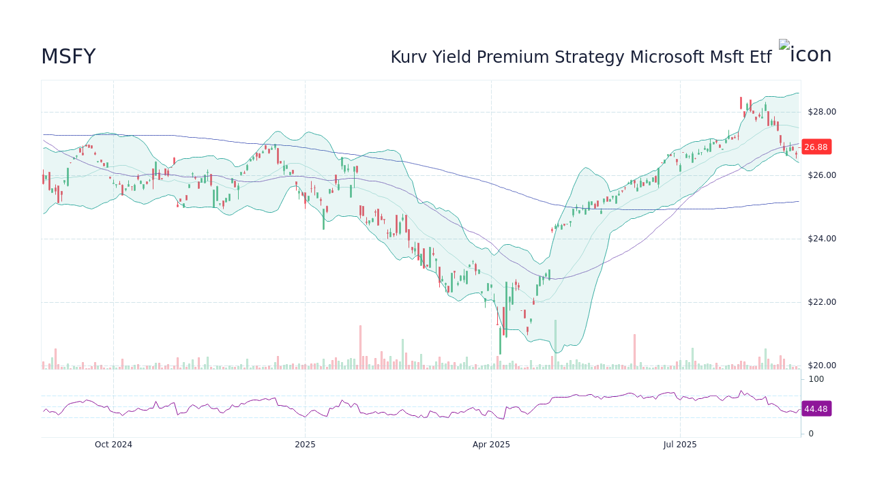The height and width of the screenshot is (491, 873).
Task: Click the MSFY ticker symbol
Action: pos(68,57)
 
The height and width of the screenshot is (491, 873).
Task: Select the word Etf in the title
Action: pos(760,57)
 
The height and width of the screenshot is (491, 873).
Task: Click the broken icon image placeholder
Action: pos(784,46)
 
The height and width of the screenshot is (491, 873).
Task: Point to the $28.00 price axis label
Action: pos(821,112)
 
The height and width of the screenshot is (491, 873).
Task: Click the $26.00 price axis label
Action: pos(821,175)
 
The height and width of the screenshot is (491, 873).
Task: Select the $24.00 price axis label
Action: pos(821,239)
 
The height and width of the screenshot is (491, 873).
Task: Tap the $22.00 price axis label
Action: pos(821,302)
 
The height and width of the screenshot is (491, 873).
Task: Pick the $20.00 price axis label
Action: pos(821,366)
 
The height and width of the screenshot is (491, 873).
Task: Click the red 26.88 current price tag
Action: pos(816,147)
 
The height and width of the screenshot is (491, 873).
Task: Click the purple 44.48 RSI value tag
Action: pos(816,409)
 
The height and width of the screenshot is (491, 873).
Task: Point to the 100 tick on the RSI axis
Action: pos(816,379)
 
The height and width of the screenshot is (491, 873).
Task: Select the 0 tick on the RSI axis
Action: pos(811,434)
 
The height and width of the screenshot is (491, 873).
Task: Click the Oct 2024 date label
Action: pos(113,445)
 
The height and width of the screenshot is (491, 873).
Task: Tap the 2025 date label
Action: pos(305,445)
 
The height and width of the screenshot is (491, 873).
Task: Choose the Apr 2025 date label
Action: pos(491,445)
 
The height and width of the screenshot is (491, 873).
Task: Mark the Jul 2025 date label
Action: pos(680,445)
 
